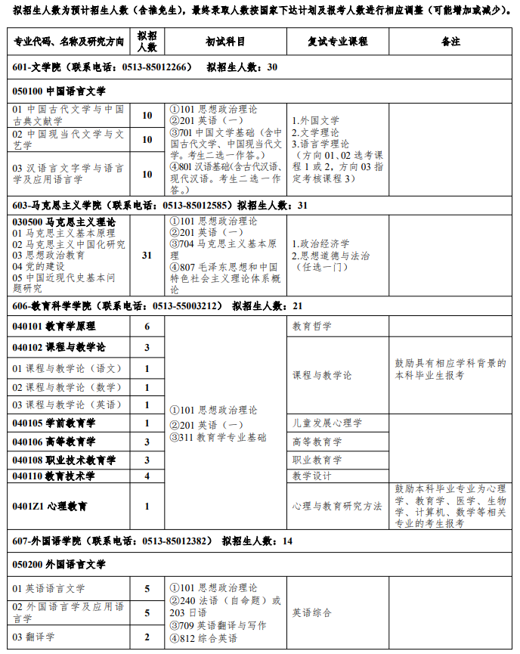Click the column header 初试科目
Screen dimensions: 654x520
(224, 42)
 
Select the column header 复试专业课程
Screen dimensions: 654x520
(337, 42)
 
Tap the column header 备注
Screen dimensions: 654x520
(450, 42)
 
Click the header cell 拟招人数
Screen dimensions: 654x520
(147, 42)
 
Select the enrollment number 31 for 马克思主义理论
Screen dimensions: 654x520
(147, 256)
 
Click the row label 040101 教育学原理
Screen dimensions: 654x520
(54, 327)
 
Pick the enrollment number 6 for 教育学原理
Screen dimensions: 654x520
(147, 327)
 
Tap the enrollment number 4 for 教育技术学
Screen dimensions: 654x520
(147, 476)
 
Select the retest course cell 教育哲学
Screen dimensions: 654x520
(311, 327)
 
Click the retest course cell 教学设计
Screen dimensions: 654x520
(311, 476)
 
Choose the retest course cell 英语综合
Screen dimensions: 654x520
(311, 612)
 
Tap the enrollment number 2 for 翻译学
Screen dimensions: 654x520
(147, 637)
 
